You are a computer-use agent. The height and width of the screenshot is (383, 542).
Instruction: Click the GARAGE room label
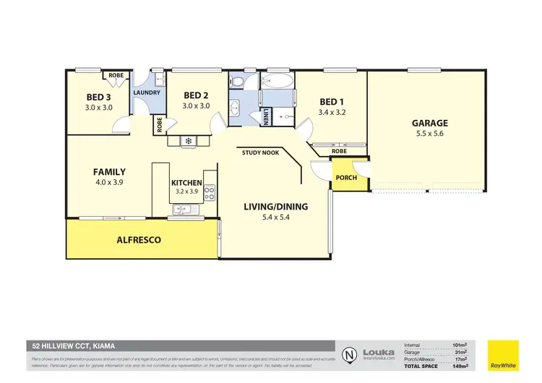(x=431, y=123)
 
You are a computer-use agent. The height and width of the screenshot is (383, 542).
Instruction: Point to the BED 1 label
(x=332, y=102)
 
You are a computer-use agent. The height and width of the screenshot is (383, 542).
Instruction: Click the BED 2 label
(x=196, y=95)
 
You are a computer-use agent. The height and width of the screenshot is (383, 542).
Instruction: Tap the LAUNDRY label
(x=145, y=92)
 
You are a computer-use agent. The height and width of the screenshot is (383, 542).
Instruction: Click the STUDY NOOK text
(x=262, y=152)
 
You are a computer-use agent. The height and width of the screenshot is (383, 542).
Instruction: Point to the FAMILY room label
(x=109, y=172)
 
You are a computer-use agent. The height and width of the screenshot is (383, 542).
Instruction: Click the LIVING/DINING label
(x=275, y=207)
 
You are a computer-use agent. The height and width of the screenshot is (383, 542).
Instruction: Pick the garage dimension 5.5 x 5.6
(x=431, y=134)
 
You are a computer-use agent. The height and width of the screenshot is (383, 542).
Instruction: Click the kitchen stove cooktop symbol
(x=210, y=193)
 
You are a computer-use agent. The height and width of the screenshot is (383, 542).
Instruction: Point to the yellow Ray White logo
(x=503, y=355)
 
